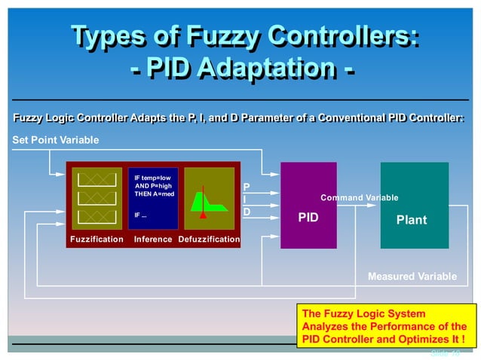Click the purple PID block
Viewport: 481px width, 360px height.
tap(308, 205)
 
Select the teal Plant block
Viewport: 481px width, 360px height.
tap(414, 205)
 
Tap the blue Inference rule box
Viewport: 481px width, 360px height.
tap(153, 198)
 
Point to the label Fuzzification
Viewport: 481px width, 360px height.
tap(97, 239)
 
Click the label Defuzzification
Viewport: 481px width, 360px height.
tap(210, 239)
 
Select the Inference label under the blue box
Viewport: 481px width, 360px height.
tap(153, 239)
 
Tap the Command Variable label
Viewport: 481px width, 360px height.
tap(359, 198)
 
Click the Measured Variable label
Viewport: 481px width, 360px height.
tap(412, 276)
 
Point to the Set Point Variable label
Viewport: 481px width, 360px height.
tap(56, 140)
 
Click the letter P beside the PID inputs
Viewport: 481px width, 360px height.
tap(247, 186)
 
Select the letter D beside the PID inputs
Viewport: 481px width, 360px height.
tap(247, 212)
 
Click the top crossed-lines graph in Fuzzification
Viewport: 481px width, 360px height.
tap(97, 178)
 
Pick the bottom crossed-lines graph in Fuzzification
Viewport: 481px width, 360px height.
tap(97, 216)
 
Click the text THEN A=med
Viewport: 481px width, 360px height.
tap(155, 194)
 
